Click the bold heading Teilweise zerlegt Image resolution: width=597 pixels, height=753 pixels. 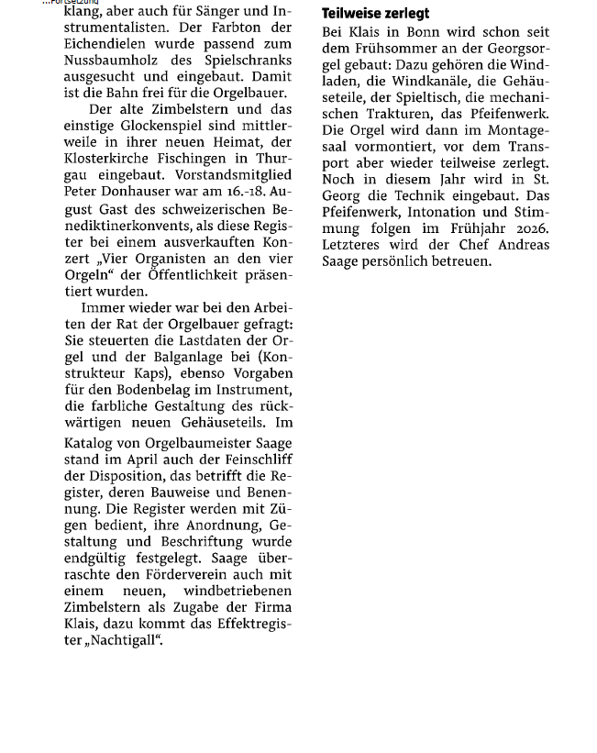(x=375, y=14)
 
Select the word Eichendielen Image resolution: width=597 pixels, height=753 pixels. (x=106, y=44)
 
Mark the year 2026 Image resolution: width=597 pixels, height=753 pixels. (x=529, y=229)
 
